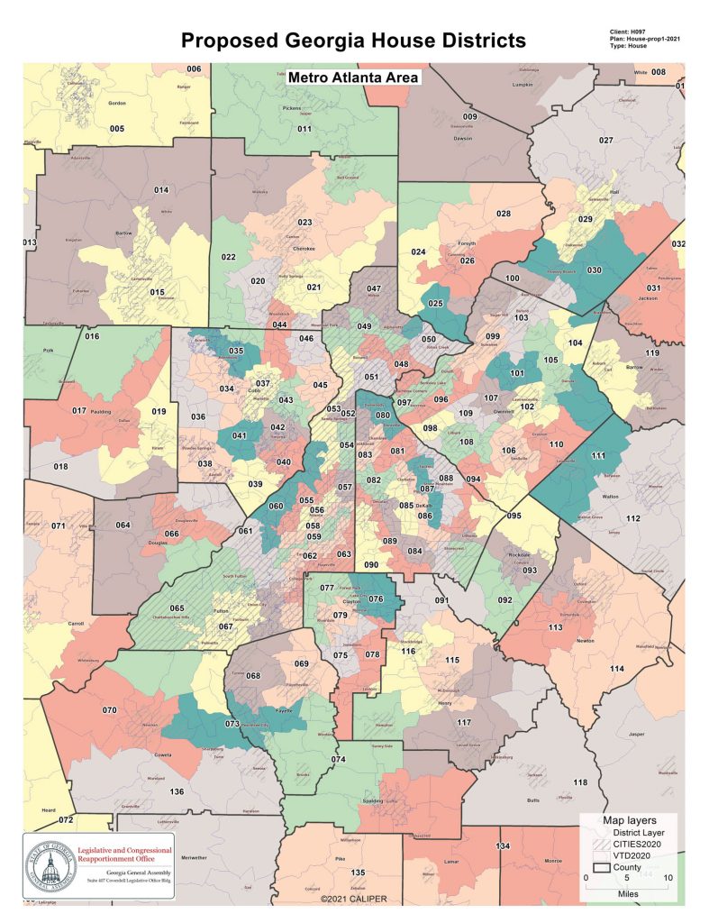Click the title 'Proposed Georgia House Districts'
pyautogui.click(x=353, y=41)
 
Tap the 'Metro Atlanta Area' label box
pyautogui.click(x=353, y=78)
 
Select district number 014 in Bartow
pyautogui.click(x=162, y=190)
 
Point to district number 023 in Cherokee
pyautogui.click(x=305, y=223)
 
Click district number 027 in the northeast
pyautogui.click(x=606, y=141)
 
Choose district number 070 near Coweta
pyautogui.click(x=109, y=710)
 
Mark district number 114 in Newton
pyautogui.click(x=616, y=668)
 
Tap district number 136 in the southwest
pyautogui.click(x=177, y=791)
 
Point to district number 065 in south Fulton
pyautogui.click(x=177, y=609)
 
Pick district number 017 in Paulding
pyautogui.click(x=79, y=411)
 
